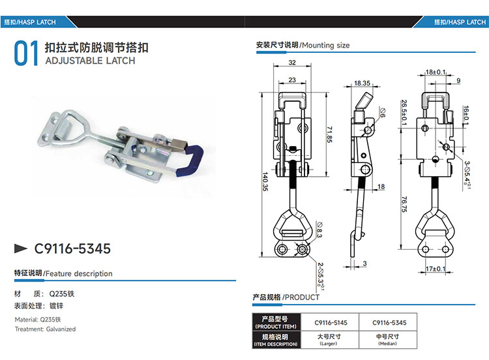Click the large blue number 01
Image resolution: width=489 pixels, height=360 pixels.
click(26, 53)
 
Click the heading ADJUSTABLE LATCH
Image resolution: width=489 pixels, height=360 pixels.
click(90, 61)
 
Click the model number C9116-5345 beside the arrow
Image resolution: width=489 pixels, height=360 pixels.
click(72, 248)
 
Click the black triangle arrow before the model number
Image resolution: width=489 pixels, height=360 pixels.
click(21, 248)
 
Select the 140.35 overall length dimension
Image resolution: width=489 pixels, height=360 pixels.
click(265, 181)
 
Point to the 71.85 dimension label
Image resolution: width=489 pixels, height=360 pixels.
click(329, 134)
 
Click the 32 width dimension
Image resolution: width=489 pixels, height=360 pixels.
click(292, 63)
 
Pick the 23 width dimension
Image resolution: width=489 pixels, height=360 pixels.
click(292, 80)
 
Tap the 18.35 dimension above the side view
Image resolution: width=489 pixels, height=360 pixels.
click(362, 83)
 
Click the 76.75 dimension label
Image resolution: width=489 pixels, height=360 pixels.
click(404, 204)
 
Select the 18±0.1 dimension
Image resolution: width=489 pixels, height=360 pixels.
click(436, 72)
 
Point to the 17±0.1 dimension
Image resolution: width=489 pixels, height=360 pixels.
click(436, 269)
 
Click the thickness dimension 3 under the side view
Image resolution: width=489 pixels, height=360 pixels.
click(365, 263)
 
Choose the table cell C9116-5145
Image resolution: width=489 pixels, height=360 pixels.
click(331, 323)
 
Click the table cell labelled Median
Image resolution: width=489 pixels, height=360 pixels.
click(389, 340)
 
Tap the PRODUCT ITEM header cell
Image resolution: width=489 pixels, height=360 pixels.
click(276, 323)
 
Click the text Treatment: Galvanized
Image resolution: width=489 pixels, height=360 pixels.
click(45, 329)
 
